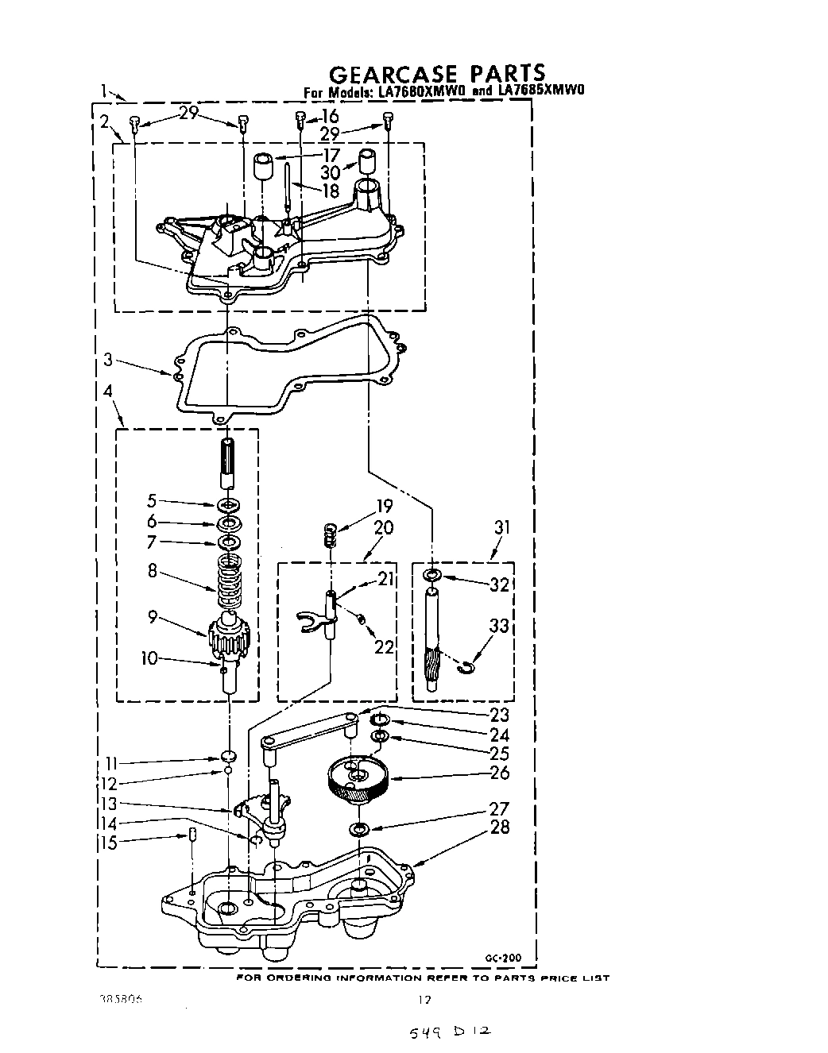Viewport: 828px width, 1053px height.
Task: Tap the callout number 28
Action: pyautogui.click(x=500, y=827)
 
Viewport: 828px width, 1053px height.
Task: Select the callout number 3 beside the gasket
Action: pyautogui.click(x=108, y=361)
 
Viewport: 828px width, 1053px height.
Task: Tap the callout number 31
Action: pyautogui.click(x=502, y=527)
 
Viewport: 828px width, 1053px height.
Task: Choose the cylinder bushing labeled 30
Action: pyautogui.click(x=366, y=163)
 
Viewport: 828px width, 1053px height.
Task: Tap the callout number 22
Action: pyautogui.click(x=384, y=647)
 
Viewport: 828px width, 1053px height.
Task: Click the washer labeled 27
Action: pyautogui.click(x=359, y=831)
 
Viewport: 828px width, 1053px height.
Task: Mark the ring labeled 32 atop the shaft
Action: pyautogui.click(x=431, y=574)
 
